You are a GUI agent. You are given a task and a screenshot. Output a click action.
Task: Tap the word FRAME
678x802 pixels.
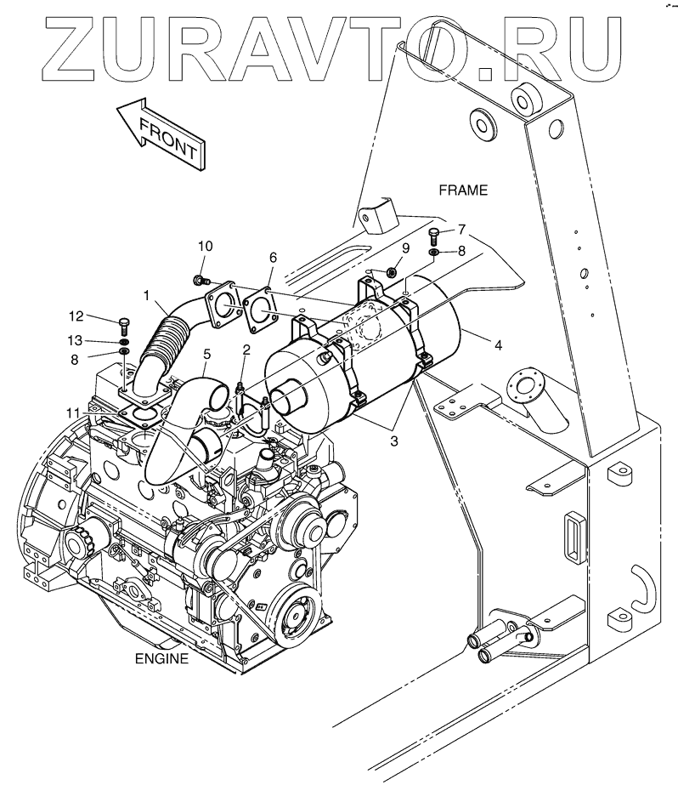coord(463,191)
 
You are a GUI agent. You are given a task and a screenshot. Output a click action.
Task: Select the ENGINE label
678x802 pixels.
coord(161,658)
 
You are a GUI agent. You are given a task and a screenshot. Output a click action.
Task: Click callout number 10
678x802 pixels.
coord(205,246)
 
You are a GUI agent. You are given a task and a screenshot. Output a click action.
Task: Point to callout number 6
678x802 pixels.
coord(273,256)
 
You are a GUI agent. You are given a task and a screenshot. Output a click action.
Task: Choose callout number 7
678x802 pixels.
coord(461,229)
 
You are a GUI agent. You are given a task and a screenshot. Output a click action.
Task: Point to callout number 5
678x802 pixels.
coord(206,353)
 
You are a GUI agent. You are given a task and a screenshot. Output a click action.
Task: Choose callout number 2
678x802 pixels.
coord(246,349)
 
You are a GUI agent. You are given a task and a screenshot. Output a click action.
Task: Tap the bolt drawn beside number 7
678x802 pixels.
coord(435,234)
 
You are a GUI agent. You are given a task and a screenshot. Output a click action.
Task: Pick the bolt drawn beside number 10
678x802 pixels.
coord(201,279)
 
